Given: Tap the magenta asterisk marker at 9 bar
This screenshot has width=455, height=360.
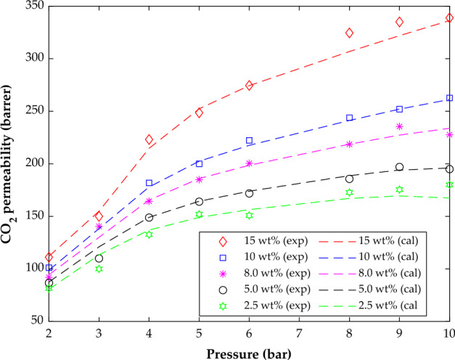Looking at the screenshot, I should pos(399,126).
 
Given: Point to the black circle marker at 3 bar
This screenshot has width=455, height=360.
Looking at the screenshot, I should pos(99,258).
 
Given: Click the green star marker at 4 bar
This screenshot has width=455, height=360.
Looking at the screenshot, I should pos(149,234).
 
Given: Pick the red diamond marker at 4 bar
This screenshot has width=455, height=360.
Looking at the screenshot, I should pos(149,139).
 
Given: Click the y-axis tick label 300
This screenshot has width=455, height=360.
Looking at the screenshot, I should pos(32,59).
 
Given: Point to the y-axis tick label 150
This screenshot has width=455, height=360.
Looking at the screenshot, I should pos(32,216).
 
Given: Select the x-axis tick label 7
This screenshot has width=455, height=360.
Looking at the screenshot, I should pos(299,332).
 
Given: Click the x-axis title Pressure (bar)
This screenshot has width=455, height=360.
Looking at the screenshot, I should pos(249,351).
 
